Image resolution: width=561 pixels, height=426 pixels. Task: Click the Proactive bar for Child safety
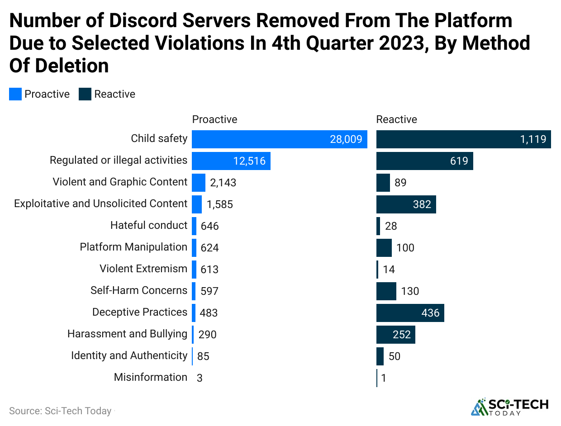click(x=279, y=139)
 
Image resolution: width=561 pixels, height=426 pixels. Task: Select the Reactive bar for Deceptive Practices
click(x=410, y=312)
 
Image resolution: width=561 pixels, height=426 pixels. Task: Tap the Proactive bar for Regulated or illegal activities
click(x=231, y=161)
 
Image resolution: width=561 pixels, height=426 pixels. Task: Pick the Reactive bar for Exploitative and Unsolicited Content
click(x=406, y=204)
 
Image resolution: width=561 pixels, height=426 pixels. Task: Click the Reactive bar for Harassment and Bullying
click(x=395, y=334)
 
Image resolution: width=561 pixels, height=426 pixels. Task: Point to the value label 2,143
click(x=223, y=183)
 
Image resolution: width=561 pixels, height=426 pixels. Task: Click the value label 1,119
click(x=533, y=139)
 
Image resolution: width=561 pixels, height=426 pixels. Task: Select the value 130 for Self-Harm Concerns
click(x=410, y=291)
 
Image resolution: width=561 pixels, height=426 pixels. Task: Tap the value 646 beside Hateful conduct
click(x=210, y=226)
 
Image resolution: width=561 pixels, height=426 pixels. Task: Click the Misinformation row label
click(x=150, y=377)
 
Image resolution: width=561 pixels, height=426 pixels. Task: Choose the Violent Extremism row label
click(x=143, y=269)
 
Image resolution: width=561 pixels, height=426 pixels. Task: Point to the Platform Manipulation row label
click(x=133, y=247)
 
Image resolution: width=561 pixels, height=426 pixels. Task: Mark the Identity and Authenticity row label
click(x=129, y=355)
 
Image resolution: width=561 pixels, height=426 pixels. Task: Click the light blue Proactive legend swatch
click(x=15, y=94)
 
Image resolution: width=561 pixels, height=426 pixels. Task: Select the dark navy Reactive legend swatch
click(x=85, y=94)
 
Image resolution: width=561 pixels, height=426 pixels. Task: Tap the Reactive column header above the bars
click(x=396, y=119)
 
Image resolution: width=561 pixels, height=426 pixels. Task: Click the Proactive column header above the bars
click(x=214, y=119)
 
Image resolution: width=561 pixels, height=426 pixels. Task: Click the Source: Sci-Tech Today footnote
click(x=60, y=411)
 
